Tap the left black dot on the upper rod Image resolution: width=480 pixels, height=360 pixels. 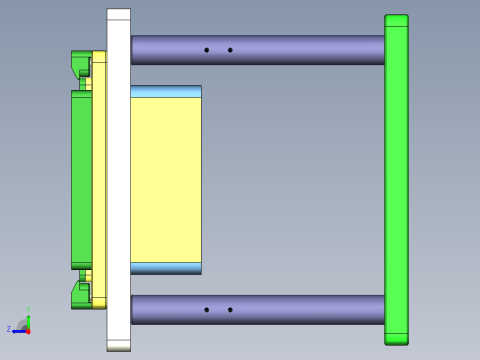[206, 50]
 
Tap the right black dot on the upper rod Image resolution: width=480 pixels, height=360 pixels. [230, 50]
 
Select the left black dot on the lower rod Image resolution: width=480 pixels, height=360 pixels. [206, 310]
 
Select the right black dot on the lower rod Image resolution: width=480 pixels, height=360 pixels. [230, 310]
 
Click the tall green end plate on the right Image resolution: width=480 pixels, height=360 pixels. [396, 180]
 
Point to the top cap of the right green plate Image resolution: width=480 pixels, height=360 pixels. [396, 20]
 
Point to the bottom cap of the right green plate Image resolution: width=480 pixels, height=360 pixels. [396, 339]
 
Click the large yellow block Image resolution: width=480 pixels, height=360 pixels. [166, 180]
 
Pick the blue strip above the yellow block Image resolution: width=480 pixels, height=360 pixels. [166, 91]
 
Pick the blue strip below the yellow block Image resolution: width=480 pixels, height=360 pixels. [166, 269]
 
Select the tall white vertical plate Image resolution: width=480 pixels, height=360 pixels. [118, 180]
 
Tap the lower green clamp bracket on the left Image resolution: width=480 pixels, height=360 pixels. [80, 295]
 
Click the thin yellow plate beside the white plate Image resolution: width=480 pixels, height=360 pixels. [99, 180]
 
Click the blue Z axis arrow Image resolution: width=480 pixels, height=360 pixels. [18, 330]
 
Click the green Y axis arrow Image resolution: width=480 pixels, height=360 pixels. [28, 317]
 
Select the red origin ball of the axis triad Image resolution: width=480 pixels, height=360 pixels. [28, 330]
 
